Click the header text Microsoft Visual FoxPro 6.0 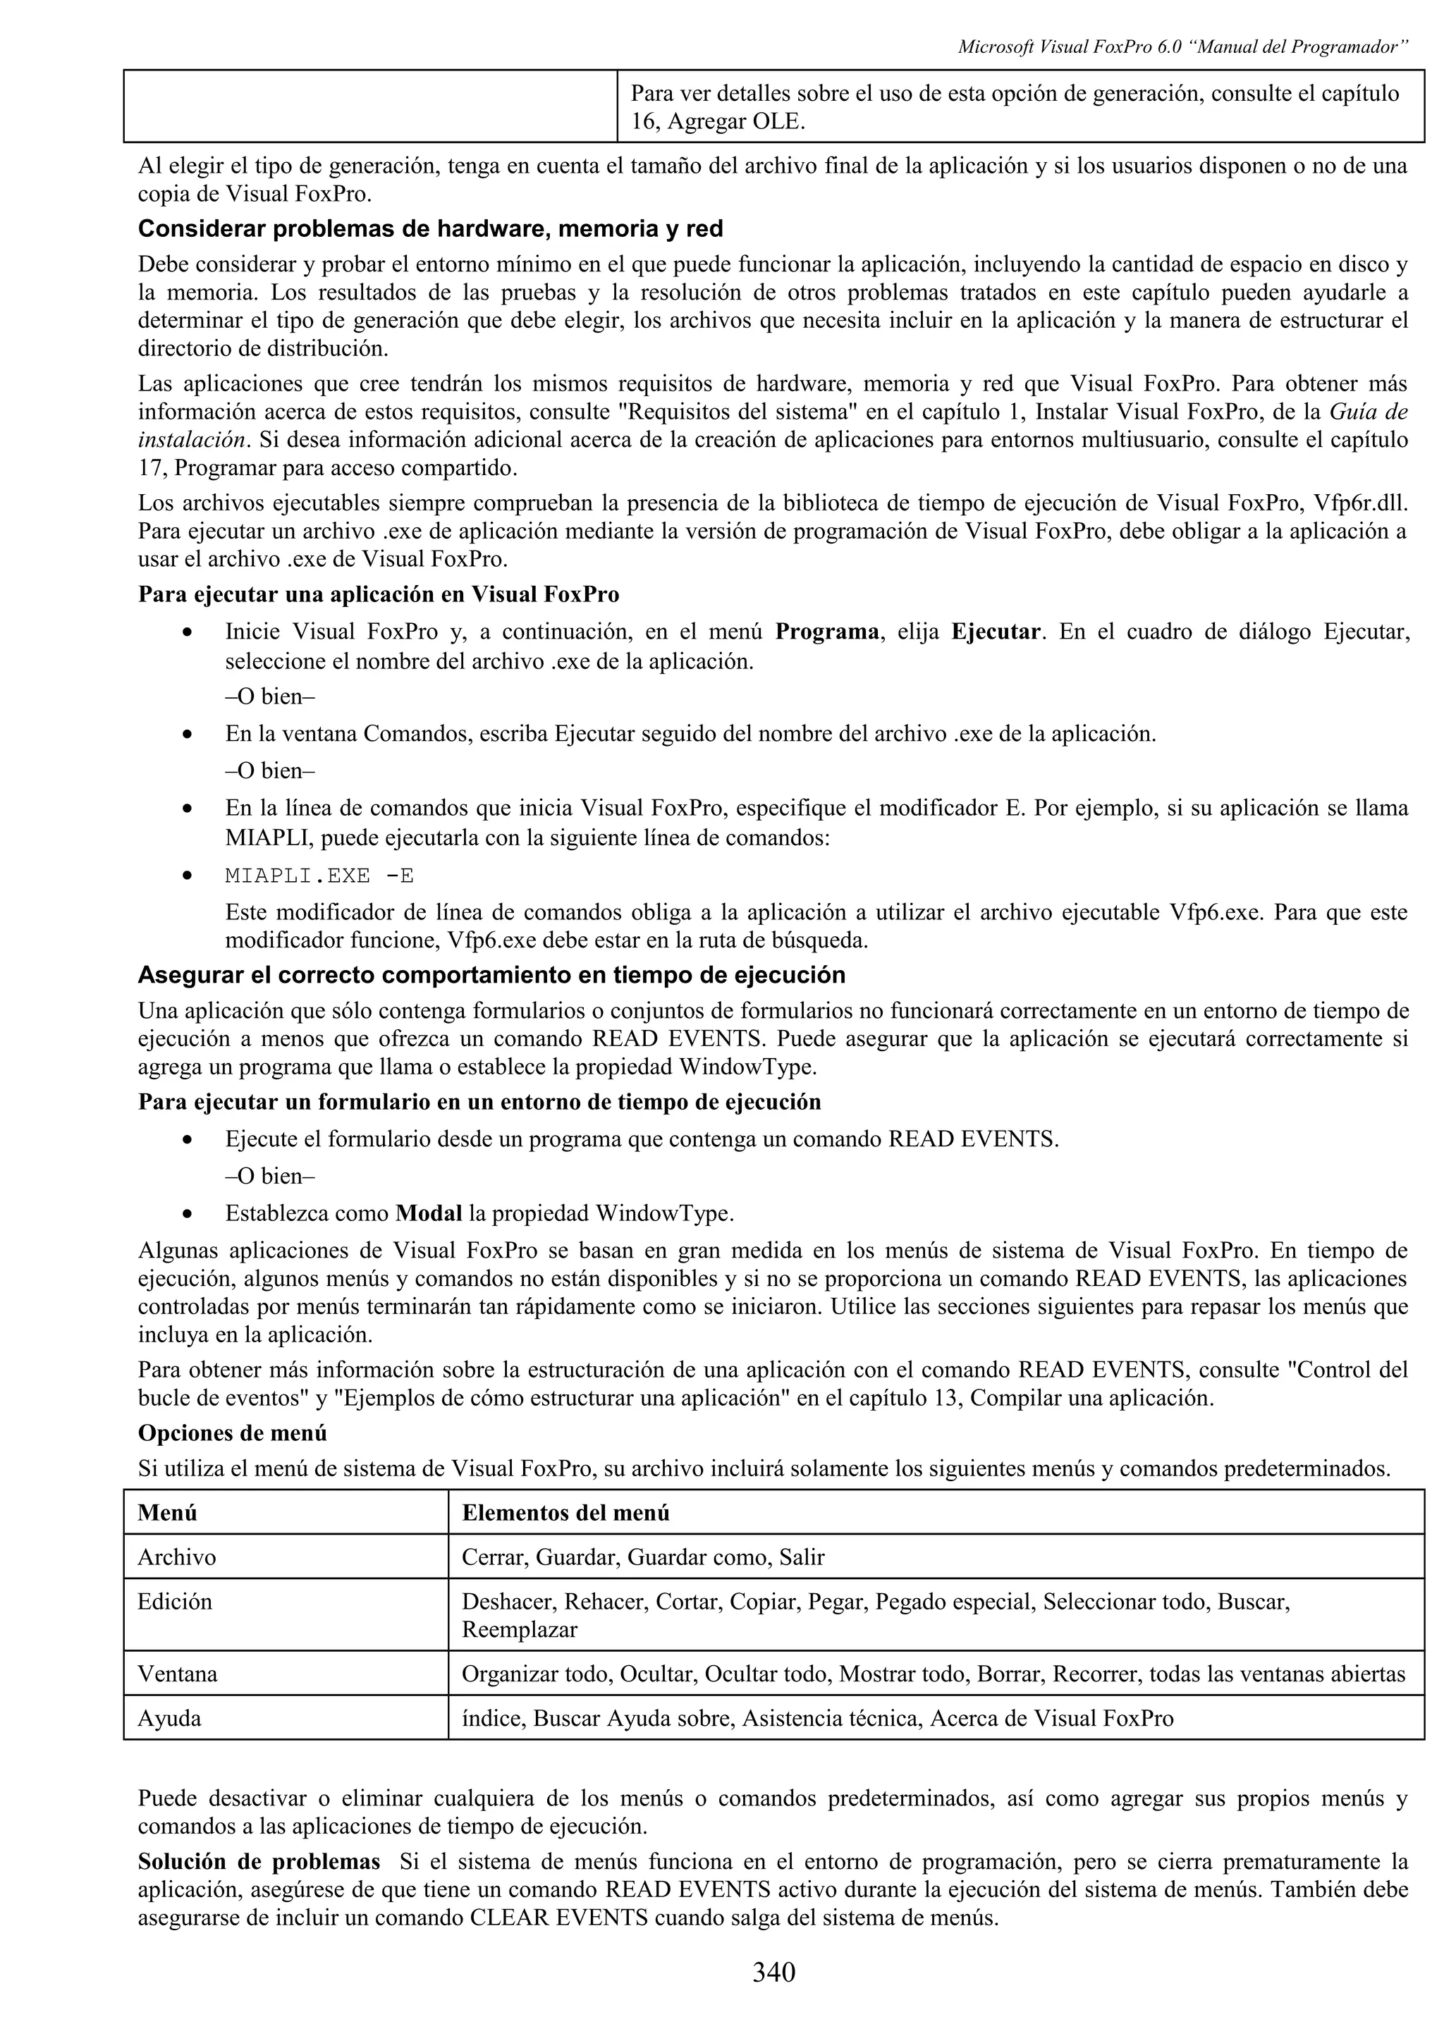coord(1067,47)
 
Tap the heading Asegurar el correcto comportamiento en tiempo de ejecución coord(491,975)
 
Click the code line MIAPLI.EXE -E coord(319,876)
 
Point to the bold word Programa coord(826,632)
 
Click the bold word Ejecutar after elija coord(995,632)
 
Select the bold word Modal coord(428,1213)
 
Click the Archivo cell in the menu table coord(176,1557)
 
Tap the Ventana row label coord(177,1674)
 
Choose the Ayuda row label coord(169,1718)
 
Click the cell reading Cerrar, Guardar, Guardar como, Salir coord(642,1557)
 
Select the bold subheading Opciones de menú coord(232,1432)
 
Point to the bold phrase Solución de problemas coord(259,1862)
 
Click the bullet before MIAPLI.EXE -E coord(186,876)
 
